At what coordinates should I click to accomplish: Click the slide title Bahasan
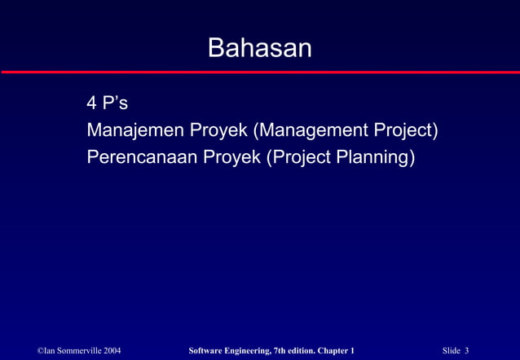(x=259, y=48)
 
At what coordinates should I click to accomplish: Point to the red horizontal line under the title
(x=259, y=72)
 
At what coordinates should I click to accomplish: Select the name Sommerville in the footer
(x=76, y=350)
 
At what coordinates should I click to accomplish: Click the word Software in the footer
(x=206, y=350)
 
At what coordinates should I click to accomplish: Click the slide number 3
(x=467, y=350)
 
